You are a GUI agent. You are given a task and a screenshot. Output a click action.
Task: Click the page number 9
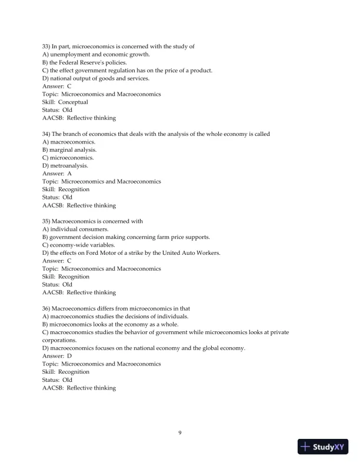[180, 433]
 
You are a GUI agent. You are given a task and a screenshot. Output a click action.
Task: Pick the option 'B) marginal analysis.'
[69, 150]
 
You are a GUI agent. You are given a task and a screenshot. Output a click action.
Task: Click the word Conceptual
[73, 102]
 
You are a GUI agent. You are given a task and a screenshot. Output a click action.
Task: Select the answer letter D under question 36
[69, 356]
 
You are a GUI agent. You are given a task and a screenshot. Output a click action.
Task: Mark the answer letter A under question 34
[69, 174]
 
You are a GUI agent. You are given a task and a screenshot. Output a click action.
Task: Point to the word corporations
[59, 340]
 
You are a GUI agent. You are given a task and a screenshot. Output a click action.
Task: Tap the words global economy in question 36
[224, 348]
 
